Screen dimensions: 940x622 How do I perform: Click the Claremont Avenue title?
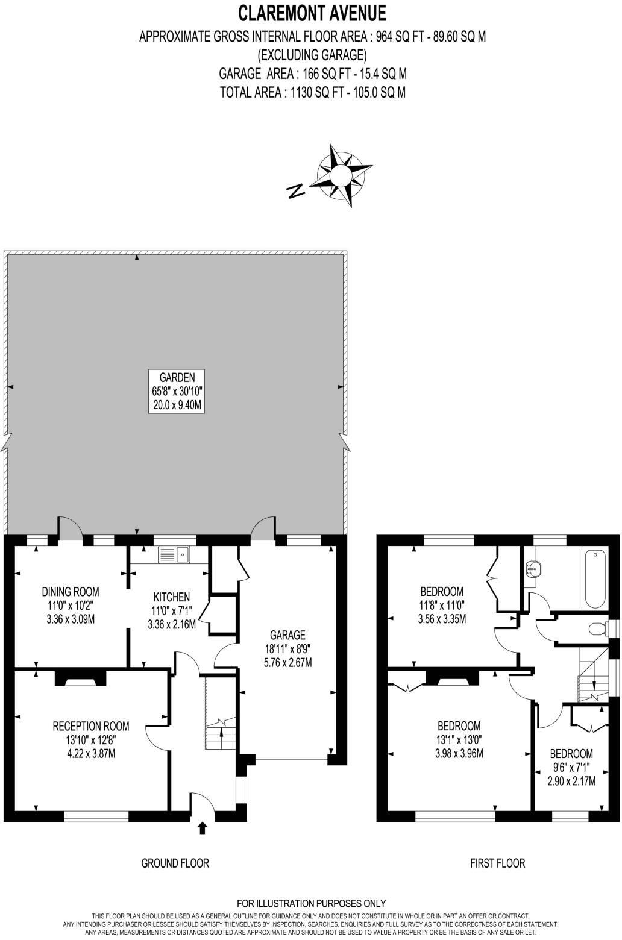[312, 12]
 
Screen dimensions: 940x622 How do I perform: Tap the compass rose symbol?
[340, 174]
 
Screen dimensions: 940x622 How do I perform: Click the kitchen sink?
[174, 554]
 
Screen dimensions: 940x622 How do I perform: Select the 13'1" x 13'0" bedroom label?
[459, 739]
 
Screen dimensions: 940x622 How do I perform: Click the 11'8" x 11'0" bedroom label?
[442, 604]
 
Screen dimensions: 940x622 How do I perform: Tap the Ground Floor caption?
[175, 863]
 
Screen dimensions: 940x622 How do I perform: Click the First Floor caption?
[497, 863]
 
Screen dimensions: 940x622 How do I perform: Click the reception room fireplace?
[78, 679]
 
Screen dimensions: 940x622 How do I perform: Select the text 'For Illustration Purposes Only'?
[311, 903]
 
